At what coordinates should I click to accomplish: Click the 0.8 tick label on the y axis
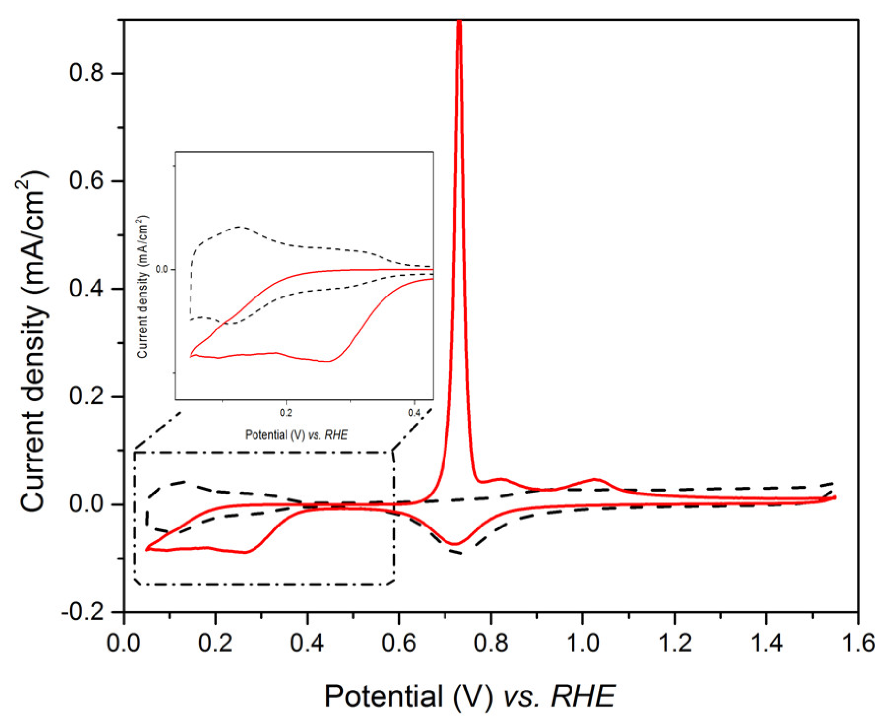point(87,73)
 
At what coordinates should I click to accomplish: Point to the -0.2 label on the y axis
point(83,612)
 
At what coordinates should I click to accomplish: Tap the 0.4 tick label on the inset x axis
point(414,413)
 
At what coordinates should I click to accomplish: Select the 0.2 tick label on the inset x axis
point(286,413)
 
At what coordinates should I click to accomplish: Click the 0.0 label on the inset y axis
point(162,269)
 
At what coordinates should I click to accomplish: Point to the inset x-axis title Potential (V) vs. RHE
point(296,435)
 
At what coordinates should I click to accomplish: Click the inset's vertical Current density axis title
point(143,286)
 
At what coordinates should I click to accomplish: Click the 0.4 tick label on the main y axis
point(87,289)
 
